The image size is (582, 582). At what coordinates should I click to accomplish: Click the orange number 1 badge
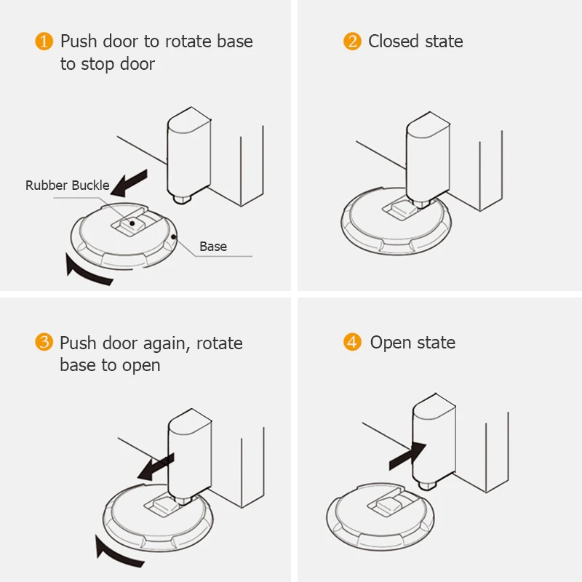(44, 41)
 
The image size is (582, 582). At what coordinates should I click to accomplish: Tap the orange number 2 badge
(353, 41)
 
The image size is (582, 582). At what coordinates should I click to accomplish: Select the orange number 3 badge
(44, 343)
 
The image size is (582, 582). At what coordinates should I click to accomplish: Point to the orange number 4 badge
(353, 343)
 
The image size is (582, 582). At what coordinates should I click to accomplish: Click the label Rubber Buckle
(67, 186)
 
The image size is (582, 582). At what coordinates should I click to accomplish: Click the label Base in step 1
(213, 247)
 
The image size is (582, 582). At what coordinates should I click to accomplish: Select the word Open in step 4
(391, 343)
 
